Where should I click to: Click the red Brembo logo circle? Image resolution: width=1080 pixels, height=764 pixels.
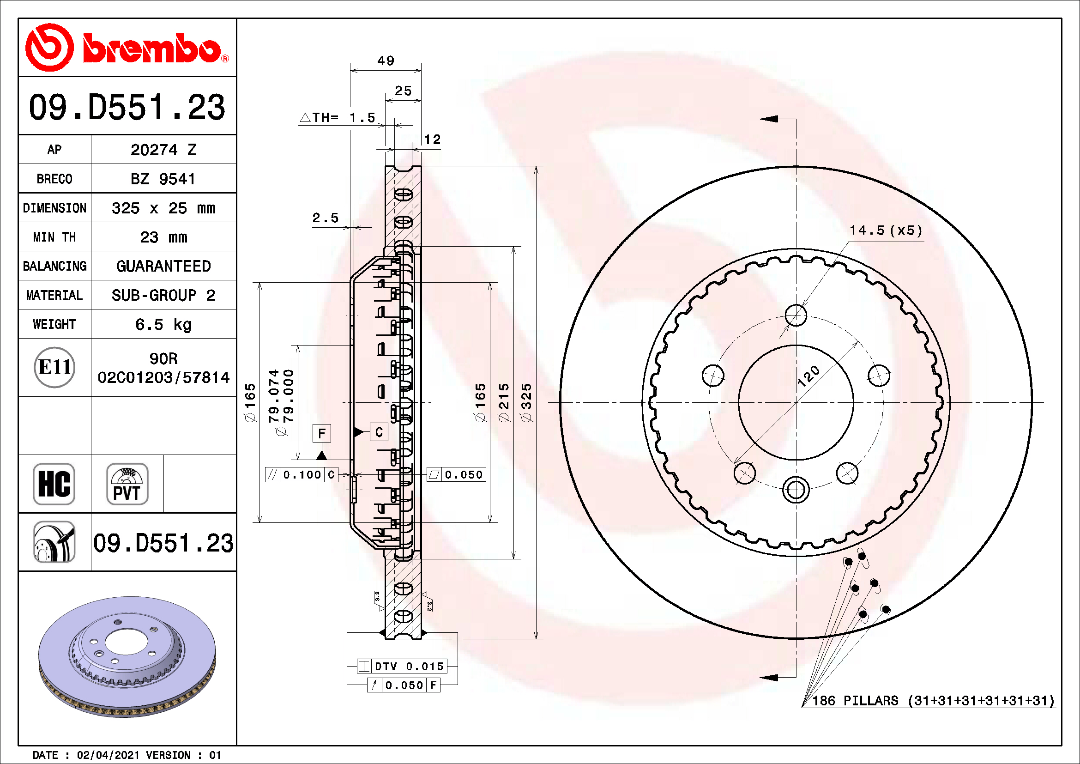pyautogui.click(x=49, y=48)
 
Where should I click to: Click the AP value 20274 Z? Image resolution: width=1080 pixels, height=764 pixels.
pyautogui.click(x=163, y=150)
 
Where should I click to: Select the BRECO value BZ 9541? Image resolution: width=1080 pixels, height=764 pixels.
pyautogui.click(x=163, y=179)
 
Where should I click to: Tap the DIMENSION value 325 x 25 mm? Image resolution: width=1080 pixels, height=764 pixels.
pyautogui.click(x=163, y=208)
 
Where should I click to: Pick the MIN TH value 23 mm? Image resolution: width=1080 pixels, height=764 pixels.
pyautogui.click(x=163, y=237)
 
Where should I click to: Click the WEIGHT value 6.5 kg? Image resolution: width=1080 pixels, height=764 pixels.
pyautogui.click(x=163, y=324)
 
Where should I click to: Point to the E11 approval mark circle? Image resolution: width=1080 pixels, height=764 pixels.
pyautogui.click(x=54, y=367)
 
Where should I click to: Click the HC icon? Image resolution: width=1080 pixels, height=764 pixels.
pyautogui.click(x=54, y=484)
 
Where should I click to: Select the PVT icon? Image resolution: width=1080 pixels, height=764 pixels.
pyautogui.click(x=127, y=484)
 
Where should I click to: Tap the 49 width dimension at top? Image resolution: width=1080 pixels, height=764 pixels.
pyautogui.click(x=386, y=61)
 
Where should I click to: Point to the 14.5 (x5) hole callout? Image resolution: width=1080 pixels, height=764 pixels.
pyautogui.click(x=885, y=230)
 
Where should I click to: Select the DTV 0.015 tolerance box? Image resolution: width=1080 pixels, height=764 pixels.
pyautogui.click(x=403, y=666)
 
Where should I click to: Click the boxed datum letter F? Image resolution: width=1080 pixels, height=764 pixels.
pyautogui.click(x=322, y=433)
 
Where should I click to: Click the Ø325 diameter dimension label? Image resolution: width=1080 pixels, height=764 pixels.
pyautogui.click(x=526, y=402)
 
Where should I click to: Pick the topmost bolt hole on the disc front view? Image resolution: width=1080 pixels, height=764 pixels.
pyautogui.click(x=796, y=315)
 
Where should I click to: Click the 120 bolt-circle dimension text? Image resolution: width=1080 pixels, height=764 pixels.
pyautogui.click(x=808, y=376)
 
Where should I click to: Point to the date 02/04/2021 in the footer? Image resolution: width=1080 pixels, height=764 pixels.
pyautogui.click(x=108, y=755)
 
